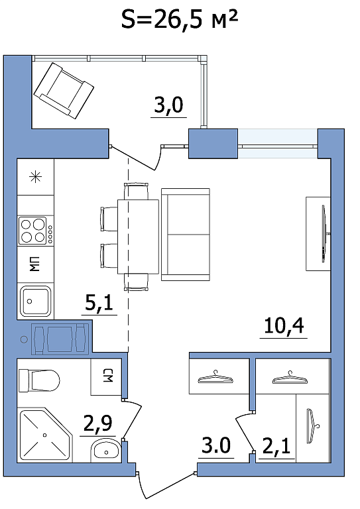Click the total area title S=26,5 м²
(180, 19)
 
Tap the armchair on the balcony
(64, 91)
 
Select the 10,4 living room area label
(284, 325)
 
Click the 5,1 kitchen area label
(99, 302)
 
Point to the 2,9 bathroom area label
(97, 423)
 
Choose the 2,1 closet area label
(276, 446)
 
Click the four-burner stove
(35, 231)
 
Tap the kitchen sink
(35, 301)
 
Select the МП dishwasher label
(34, 264)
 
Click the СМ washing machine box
(106, 376)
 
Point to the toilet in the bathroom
(39, 381)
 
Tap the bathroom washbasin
(105, 450)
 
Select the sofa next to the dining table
(186, 235)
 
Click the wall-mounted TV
(324, 233)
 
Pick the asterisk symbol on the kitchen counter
(35, 177)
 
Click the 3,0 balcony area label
(168, 105)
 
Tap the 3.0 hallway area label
(216, 445)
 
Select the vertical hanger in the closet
(312, 426)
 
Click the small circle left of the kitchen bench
(24, 339)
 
